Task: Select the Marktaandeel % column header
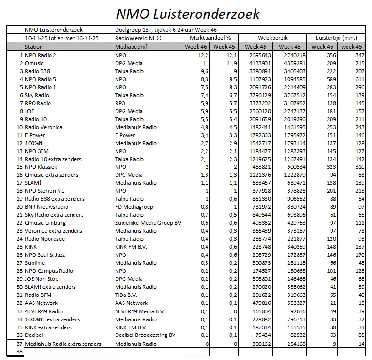[210, 38]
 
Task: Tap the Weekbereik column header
[273, 38]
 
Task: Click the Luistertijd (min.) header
[336, 38]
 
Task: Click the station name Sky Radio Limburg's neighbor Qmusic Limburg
[45, 223]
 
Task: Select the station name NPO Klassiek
[41, 167]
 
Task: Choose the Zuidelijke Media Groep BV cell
[148, 223]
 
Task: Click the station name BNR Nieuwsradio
[47, 207]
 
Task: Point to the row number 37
[19, 344]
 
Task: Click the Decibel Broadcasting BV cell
[145, 335]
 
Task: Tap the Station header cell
[33, 47]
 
